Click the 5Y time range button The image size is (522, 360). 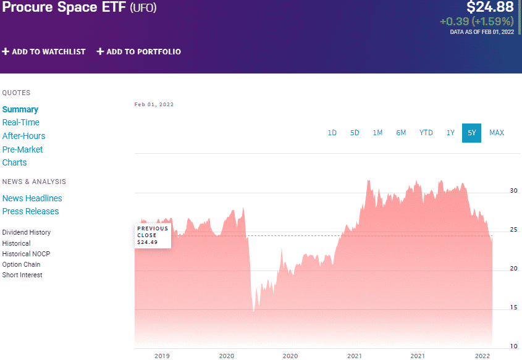tap(471, 133)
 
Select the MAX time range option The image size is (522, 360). tap(497, 133)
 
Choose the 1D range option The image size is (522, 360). tap(332, 133)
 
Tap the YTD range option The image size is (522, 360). tap(426, 133)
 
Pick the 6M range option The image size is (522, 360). tap(402, 133)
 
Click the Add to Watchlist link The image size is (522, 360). tap(44, 52)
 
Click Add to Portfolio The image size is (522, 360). tap(139, 52)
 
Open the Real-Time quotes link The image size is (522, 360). tap(21, 122)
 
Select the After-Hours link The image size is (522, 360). tap(23, 136)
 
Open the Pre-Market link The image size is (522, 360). tap(23, 149)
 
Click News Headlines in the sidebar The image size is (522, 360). tap(32, 198)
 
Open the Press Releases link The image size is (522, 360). tap(31, 211)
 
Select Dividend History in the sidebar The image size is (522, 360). tap(27, 232)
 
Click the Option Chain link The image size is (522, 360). tap(22, 264)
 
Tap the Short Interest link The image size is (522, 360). tap(22, 275)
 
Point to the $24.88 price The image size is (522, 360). tap(489, 7)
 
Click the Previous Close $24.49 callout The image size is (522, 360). tap(153, 235)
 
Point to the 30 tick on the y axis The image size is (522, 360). tap(513, 191)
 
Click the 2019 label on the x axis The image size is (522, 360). tap(162, 356)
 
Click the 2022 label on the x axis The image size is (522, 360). tap(483, 356)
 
